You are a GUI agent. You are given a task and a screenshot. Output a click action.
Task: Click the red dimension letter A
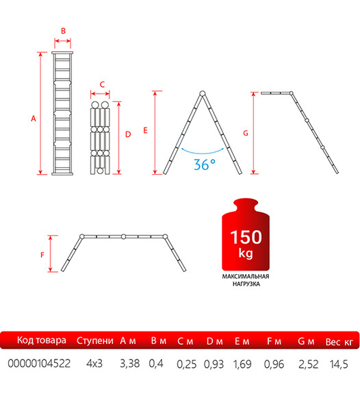click(x=34, y=119)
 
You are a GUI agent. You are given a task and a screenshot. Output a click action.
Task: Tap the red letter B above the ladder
click(x=63, y=31)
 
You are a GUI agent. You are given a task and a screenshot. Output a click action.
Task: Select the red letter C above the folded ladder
click(x=102, y=84)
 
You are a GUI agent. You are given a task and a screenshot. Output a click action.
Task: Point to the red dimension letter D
click(x=128, y=134)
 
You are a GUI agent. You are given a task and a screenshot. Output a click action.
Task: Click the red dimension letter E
click(x=146, y=130)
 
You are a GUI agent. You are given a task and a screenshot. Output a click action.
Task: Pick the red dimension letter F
click(x=42, y=255)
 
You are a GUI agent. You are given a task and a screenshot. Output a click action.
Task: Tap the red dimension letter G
click(x=246, y=133)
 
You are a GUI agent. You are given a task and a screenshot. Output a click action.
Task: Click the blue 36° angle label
click(x=205, y=164)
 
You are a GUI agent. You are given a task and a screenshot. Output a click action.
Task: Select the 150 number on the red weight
click(x=246, y=237)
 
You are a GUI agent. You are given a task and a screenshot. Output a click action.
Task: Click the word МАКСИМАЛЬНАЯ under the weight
click(x=246, y=276)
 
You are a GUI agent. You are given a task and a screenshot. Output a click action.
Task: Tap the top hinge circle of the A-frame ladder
click(x=203, y=93)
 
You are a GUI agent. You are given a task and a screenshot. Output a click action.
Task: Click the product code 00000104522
click(x=39, y=364)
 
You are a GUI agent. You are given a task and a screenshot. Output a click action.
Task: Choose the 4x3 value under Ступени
click(x=94, y=364)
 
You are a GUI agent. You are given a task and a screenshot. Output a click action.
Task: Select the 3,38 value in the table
click(x=130, y=364)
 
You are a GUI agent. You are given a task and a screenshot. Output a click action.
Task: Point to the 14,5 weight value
click(x=339, y=364)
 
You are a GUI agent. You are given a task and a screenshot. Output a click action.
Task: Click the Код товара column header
click(x=42, y=340)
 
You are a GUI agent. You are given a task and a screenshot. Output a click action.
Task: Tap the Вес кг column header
click(x=339, y=342)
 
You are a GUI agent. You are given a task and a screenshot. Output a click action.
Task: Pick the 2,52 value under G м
click(x=309, y=364)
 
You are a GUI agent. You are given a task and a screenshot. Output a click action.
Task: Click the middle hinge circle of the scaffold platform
click(x=124, y=237)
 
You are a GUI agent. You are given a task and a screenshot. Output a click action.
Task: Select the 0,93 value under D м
click(x=214, y=364)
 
